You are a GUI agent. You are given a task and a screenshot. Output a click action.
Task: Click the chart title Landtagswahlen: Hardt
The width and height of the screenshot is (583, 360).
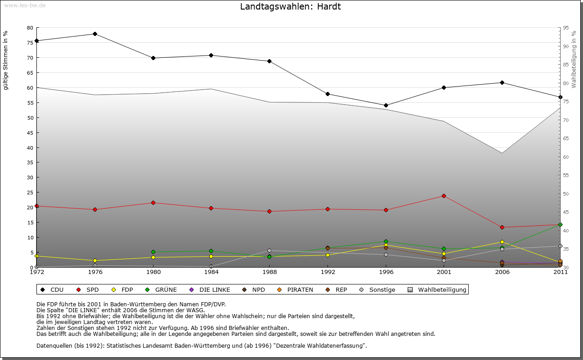[x=290, y=7]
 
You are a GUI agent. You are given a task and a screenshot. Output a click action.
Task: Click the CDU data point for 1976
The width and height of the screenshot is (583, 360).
[x=95, y=34]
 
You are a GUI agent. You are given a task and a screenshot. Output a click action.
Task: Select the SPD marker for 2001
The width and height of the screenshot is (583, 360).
[x=444, y=196]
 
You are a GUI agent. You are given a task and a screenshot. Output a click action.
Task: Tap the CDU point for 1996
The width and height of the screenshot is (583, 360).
[x=386, y=105]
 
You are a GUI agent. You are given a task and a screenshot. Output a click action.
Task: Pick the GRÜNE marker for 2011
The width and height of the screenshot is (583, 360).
[x=560, y=224]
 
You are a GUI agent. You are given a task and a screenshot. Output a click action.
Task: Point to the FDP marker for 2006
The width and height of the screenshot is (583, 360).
[x=502, y=242]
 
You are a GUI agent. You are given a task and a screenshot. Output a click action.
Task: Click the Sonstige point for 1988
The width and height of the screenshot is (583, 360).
[x=270, y=250]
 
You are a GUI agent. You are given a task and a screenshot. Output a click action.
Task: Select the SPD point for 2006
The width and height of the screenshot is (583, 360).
[x=502, y=227]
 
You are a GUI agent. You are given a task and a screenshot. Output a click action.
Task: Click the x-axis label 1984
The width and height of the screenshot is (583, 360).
[x=211, y=273]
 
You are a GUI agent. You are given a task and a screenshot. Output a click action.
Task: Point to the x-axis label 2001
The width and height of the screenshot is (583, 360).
[x=444, y=273]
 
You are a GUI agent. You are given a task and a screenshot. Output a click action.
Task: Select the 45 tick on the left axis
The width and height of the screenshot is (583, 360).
[x=30, y=132]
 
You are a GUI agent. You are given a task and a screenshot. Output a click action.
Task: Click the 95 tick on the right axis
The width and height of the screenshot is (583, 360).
[x=566, y=28]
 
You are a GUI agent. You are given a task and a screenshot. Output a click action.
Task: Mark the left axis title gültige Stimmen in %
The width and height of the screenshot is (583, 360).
[x=6, y=60]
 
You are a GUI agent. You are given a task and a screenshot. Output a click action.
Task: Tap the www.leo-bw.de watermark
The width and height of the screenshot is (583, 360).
[x=25, y=5]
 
